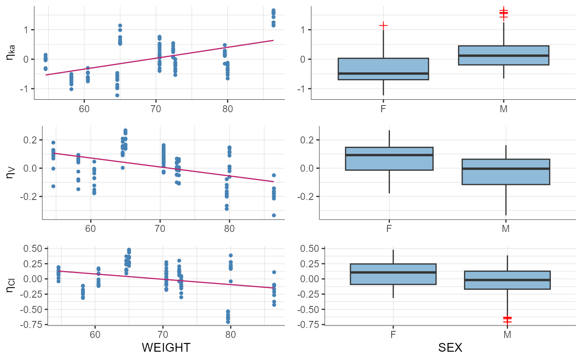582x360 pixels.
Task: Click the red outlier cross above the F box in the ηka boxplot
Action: tap(383, 25)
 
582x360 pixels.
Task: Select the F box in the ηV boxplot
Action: tap(389, 158)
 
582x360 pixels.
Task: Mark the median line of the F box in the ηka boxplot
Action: tap(383, 74)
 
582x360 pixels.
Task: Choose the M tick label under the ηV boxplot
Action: tap(506, 228)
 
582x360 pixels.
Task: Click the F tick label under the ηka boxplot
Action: tap(383, 110)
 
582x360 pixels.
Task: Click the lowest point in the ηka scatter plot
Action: tap(117, 95)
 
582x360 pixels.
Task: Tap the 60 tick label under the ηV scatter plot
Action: tap(91, 228)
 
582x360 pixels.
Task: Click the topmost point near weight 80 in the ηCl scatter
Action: tap(230, 255)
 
